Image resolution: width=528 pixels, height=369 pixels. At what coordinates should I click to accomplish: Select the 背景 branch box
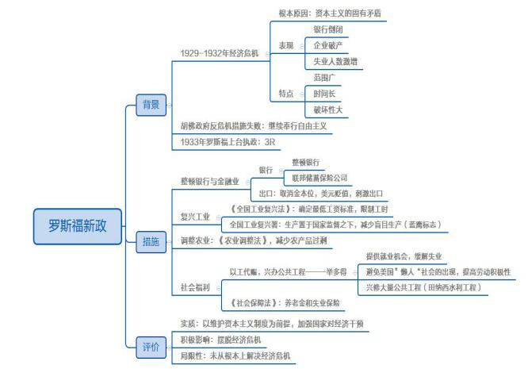coord(150,104)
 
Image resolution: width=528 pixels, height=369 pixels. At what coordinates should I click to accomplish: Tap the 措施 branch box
coord(150,240)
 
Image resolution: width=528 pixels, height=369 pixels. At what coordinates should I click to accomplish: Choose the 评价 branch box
coord(150,347)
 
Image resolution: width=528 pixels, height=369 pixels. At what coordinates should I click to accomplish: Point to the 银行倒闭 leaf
coord(329,29)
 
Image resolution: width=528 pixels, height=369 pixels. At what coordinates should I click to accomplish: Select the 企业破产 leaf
coord(329,44)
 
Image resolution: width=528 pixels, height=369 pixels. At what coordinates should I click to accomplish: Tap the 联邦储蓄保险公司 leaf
coord(320,177)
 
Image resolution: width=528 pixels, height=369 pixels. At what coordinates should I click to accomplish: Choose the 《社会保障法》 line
coord(285,302)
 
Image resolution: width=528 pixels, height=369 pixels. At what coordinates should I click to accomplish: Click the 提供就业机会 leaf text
coord(404,256)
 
